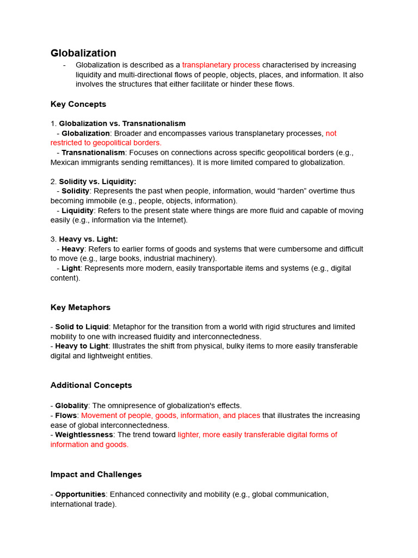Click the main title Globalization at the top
click(83, 53)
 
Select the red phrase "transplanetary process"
click(221, 65)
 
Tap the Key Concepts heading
click(78, 104)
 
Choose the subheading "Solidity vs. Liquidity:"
click(97, 181)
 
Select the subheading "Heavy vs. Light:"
click(88, 239)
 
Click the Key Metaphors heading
click(81, 307)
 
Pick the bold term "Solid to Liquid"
click(82, 327)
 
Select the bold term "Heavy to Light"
click(82, 346)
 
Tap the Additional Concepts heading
click(91, 385)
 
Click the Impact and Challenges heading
click(96, 475)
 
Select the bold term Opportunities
click(80, 494)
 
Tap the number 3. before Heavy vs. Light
click(53, 239)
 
